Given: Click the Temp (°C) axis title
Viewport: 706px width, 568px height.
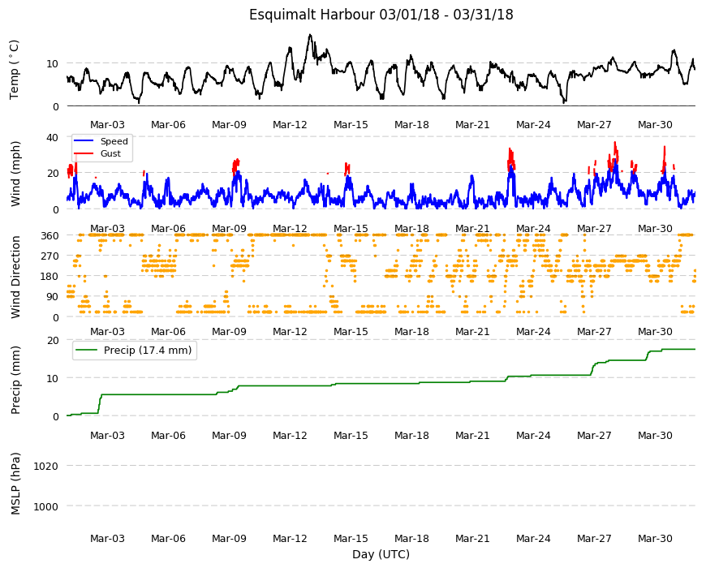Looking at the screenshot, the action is (15, 70).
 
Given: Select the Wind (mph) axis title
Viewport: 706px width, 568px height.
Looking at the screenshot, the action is (15, 174).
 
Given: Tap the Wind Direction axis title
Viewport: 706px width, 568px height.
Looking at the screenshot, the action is (15, 278).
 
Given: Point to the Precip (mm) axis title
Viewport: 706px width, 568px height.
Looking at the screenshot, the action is (15, 380).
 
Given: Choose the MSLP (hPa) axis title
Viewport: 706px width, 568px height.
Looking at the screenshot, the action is (15, 484).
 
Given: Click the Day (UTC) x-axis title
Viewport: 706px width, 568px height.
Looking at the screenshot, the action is (381, 554).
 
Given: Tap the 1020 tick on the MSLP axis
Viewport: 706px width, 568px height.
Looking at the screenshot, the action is (46, 466).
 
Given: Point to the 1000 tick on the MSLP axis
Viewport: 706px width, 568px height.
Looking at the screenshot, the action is (46, 507).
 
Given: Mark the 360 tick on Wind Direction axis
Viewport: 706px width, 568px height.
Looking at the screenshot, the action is (50, 235).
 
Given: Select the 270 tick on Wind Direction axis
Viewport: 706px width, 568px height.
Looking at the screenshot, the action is (50, 256).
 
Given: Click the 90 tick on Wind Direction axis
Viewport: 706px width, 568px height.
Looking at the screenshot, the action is (53, 297).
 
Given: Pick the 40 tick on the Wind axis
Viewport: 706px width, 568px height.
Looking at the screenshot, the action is (53, 137).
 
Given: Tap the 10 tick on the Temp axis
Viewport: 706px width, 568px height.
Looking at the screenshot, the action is (53, 63).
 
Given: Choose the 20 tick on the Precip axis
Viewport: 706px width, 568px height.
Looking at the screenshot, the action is (53, 340).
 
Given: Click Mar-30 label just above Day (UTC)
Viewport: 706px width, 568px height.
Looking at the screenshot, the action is (655, 538).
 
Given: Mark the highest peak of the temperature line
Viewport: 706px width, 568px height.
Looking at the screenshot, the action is (310, 35).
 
